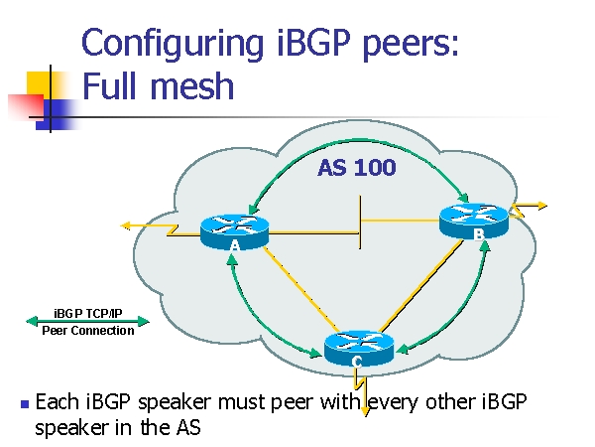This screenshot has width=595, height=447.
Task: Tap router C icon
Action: [358, 344]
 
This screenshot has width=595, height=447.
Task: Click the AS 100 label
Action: [357, 168]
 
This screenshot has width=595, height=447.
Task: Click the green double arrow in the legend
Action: [88, 321]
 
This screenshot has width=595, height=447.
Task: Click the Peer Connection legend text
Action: [87, 331]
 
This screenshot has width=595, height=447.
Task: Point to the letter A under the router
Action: [234, 245]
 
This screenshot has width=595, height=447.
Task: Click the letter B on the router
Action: [479, 234]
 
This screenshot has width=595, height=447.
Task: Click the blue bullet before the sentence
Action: [23, 405]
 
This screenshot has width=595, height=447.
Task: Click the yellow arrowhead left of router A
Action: [126, 225]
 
